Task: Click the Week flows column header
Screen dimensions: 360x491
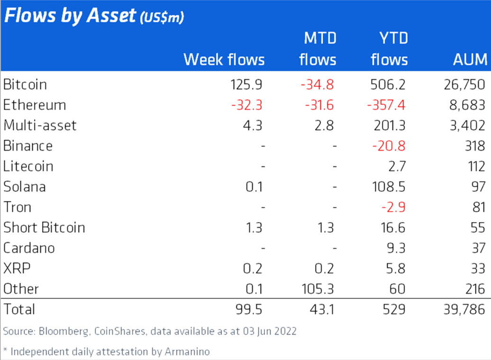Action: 224,59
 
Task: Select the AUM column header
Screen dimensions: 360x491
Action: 470,59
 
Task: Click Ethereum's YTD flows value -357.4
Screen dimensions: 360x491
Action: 386,105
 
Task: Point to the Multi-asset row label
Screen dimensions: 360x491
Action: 40,126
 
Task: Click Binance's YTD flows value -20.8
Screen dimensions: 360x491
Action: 389,146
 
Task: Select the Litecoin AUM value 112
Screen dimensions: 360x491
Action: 475,166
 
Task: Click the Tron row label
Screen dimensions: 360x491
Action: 18,207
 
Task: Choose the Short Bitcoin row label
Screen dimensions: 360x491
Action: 44,227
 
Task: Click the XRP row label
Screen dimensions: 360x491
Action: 17,268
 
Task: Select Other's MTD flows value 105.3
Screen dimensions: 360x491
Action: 318,288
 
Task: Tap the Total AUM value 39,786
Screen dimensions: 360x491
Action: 462,309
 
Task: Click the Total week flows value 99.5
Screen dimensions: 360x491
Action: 248,309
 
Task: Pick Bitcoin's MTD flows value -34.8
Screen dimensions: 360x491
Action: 318,85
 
